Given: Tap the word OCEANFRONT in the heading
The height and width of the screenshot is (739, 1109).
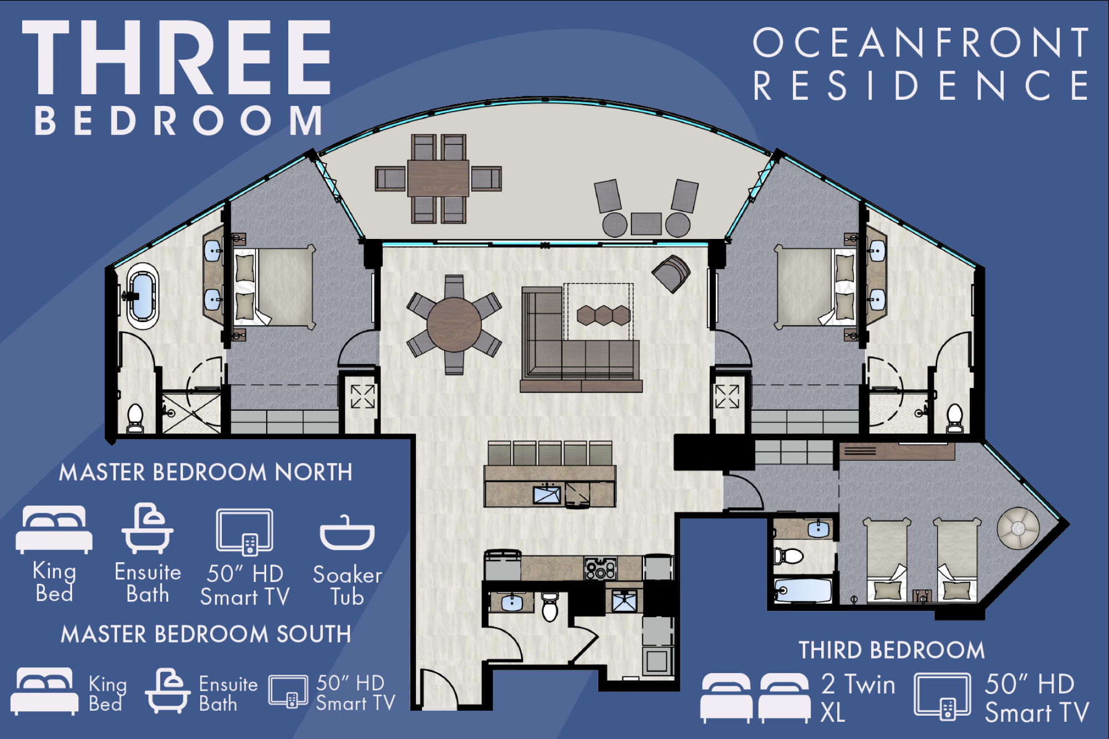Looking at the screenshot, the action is pyautogui.click(x=921, y=43).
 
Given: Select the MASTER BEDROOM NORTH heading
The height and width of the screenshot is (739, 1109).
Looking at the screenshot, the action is pyautogui.click(x=206, y=472).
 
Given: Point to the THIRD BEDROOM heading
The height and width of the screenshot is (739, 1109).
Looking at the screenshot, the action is pyautogui.click(x=892, y=650).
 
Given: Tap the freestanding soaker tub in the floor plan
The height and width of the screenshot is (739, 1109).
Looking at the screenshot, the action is pyautogui.click(x=143, y=296).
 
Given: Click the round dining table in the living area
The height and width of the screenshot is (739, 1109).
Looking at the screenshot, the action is pyautogui.click(x=454, y=325).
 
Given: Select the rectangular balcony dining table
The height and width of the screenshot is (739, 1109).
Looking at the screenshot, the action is pyautogui.click(x=438, y=179).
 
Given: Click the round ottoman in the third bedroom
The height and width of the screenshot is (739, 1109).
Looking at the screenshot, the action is pyautogui.click(x=1018, y=528).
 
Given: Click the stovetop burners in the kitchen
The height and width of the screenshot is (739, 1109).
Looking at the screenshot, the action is pyautogui.click(x=601, y=568).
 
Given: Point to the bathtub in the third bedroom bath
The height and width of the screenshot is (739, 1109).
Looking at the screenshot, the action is pyautogui.click(x=803, y=590).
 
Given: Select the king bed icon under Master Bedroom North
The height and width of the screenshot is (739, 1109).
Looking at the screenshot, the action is pyautogui.click(x=54, y=529).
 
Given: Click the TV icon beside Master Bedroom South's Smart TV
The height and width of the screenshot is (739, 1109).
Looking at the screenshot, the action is pyautogui.click(x=288, y=691).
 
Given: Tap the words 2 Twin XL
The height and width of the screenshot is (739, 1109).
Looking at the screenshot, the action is pyautogui.click(x=858, y=698).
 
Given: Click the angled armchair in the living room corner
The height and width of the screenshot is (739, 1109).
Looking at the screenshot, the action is pyautogui.click(x=671, y=273).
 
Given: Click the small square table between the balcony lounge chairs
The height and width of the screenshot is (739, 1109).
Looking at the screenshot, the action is pyautogui.click(x=646, y=224).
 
